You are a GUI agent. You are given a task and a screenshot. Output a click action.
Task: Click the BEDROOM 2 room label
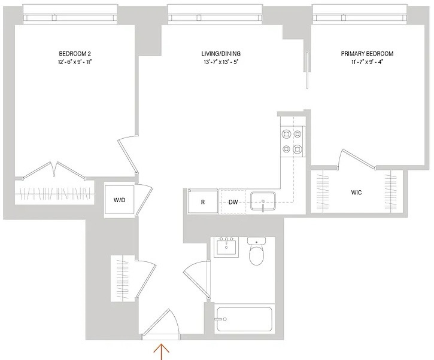pos(75,54)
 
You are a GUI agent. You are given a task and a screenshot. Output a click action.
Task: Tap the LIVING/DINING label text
pos(221,54)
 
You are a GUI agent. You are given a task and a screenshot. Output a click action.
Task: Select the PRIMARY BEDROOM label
pos(367,54)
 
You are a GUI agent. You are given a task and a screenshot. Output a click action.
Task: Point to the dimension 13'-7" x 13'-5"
pos(221,62)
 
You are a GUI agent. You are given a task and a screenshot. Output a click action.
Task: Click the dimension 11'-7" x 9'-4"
pos(367,62)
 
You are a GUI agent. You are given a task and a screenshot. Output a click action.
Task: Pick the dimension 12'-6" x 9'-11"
pos(75,62)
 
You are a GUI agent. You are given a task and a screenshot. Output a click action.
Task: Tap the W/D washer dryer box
pos(119,200)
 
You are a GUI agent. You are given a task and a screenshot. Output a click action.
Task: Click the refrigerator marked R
pos(202,202)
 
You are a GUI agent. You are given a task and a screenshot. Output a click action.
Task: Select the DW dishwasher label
pos(233,202)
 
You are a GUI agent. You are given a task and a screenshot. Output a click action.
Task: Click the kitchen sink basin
pos(263,202)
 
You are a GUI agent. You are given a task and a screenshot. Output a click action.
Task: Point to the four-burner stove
pos(292,142)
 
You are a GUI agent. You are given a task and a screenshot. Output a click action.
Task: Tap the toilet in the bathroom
pos(257,251)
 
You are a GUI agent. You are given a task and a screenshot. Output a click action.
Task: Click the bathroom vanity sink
pos(226,247)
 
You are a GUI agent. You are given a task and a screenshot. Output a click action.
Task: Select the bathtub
pos(244,319)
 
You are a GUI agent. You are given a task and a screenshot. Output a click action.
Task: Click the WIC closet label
pos(356,193)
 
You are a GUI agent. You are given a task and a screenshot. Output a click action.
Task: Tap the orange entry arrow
pos(162,351)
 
